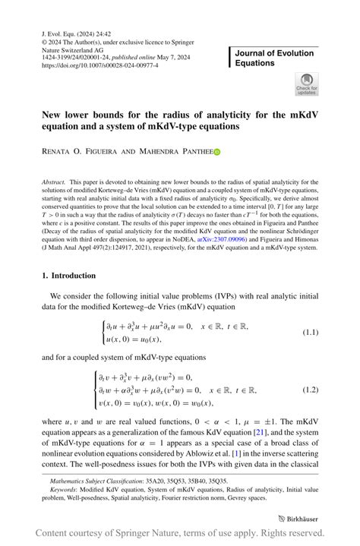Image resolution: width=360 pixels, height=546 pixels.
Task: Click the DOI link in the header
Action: pos(98,66)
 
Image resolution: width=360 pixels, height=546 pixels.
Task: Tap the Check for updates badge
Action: pos(306,84)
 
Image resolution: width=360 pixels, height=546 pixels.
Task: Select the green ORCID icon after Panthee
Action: pos(216,153)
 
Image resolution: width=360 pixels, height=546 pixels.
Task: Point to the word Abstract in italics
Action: pos(54,183)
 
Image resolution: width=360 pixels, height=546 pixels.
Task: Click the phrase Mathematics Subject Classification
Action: pos(96,481)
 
